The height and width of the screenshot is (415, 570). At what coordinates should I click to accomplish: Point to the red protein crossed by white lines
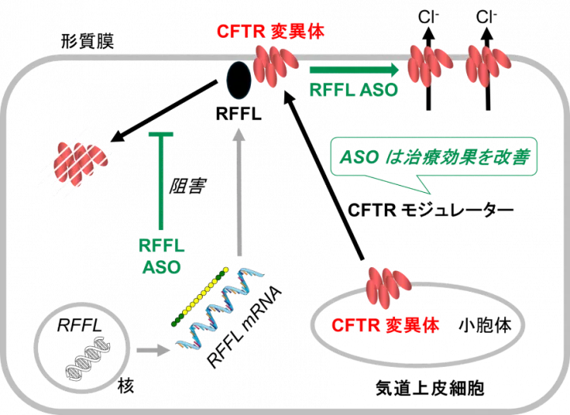click(x=77, y=164)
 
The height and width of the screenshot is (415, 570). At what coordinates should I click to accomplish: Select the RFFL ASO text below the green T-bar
click(x=161, y=255)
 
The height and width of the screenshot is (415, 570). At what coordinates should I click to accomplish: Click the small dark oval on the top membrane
click(x=239, y=81)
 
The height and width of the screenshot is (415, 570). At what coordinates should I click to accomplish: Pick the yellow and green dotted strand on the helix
click(x=200, y=296)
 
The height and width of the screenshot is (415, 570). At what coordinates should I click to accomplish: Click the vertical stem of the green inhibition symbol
click(x=161, y=182)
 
